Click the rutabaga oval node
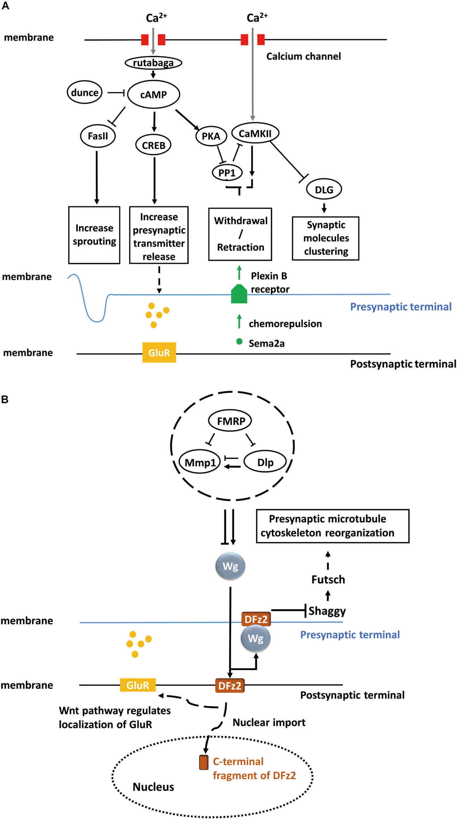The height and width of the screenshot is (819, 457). [x=153, y=63]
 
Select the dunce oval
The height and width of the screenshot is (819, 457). [x=85, y=92]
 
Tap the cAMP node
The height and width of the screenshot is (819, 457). [x=154, y=94]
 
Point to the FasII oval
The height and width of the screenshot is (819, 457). [x=98, y=136]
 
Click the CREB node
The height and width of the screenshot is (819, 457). [x=154, y=145]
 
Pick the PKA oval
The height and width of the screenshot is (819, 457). [x=211, y=136]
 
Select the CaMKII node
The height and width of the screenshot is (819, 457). [x=255, y=133]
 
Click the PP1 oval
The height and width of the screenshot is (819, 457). [x=227, y=173]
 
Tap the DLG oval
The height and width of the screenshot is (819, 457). [x=324, y=189]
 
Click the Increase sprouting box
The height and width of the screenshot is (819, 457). [x=94, y=235]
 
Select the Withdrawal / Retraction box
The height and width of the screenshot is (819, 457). [x=240, y=234]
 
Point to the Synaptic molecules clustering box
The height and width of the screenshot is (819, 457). [x=326, y=238]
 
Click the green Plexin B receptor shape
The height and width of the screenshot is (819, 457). [x=239, y=294]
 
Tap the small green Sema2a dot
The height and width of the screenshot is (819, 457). [x=239, y=341]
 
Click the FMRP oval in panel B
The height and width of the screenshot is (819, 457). [x=230, y=421]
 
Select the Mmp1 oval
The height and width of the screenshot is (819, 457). [x=200, y=462]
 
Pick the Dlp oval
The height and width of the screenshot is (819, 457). [x=265, y=462]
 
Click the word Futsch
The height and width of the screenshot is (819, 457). [x=328, y=580]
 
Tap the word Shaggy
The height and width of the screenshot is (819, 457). [x=327, y=611]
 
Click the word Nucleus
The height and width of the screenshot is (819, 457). [x=153, y=787]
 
